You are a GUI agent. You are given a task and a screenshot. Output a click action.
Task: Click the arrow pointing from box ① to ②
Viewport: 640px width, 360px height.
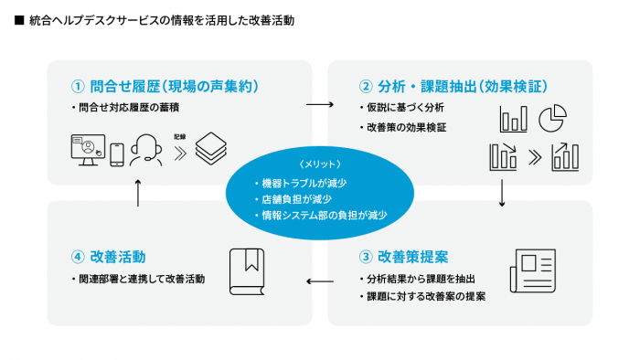coord(320,104)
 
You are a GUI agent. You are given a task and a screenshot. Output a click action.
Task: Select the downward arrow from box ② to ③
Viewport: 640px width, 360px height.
coord(503,193)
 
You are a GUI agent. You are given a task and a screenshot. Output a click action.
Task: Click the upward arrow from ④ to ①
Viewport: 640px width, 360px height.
coord(138,192)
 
